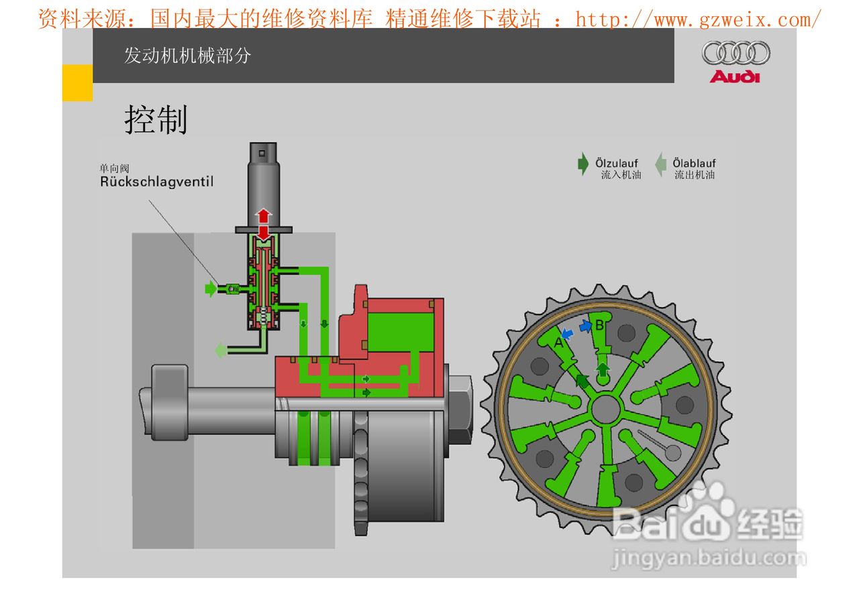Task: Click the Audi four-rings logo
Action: (x=736, y=53)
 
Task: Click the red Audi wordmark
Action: (x=735, y=76)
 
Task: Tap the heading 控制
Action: (x=156, y=119)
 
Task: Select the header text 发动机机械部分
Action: (x=187, y=56)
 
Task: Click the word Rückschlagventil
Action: (x=157, y=182)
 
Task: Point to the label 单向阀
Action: (x=115, y=168)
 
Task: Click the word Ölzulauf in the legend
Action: (x=617, y=163)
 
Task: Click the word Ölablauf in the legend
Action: (x=694, y=163)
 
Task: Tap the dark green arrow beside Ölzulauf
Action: (x=583, y=164)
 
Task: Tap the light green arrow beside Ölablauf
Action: (x=660, y=165)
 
